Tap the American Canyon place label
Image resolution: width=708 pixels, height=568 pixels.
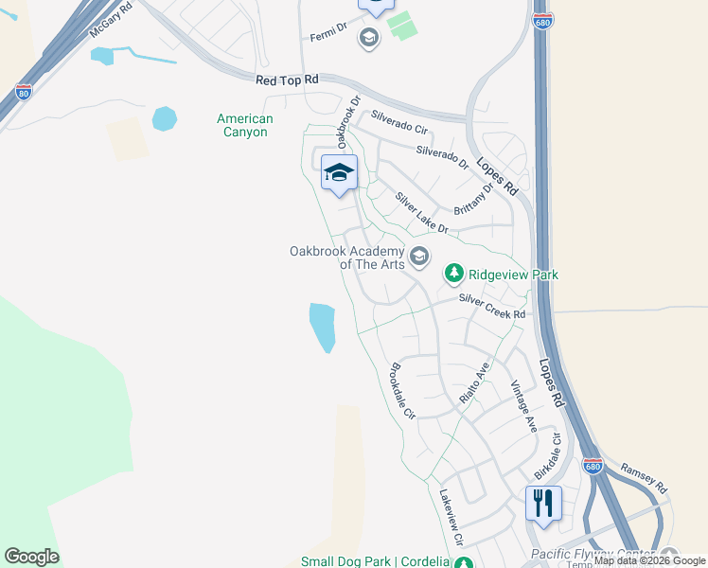(244, 125)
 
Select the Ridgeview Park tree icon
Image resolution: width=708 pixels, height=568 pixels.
(455, 275)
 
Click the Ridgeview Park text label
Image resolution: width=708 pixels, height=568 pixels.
(513, 275)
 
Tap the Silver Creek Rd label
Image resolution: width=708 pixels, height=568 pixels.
(492, 307)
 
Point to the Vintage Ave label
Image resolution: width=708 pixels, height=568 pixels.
(523, 406)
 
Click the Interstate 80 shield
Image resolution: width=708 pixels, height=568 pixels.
(24, 92)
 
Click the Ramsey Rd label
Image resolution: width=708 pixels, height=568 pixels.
(644, 476)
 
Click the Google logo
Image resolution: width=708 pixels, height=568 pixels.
(31, 557)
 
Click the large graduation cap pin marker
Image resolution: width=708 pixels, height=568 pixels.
(339, 172)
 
